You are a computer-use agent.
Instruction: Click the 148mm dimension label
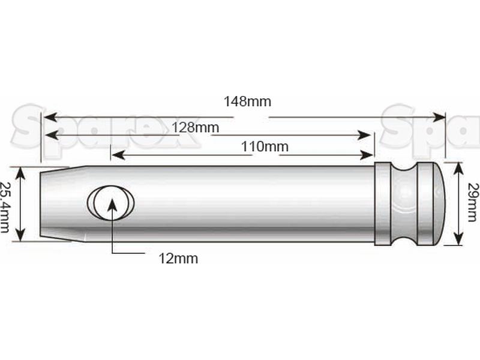point(247,101)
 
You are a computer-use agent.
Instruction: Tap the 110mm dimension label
point(265,146)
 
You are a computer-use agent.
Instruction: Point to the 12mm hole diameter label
point(178,259)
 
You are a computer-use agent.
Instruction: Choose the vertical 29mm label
point(472,203)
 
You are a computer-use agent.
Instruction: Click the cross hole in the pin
point(111,202)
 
